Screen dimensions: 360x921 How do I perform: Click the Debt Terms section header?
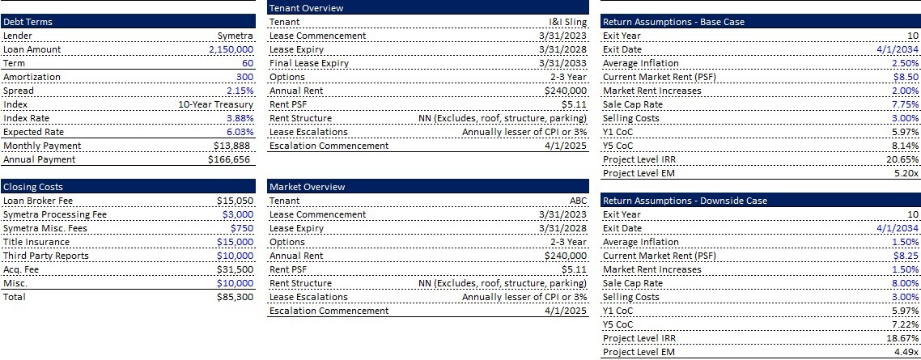tap(28, 22)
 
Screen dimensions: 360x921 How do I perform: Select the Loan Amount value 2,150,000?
tap(231, 49)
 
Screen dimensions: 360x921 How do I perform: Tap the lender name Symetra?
tap(236, 36)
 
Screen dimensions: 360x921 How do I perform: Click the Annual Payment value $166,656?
tap(231, 159)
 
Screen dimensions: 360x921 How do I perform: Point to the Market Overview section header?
tap(307, 187)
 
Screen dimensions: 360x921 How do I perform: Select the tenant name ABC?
tap(577, 201)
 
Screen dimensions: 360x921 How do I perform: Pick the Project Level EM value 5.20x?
tap(906, 173)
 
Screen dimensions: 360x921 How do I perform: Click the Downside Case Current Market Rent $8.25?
tap(906, 256)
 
